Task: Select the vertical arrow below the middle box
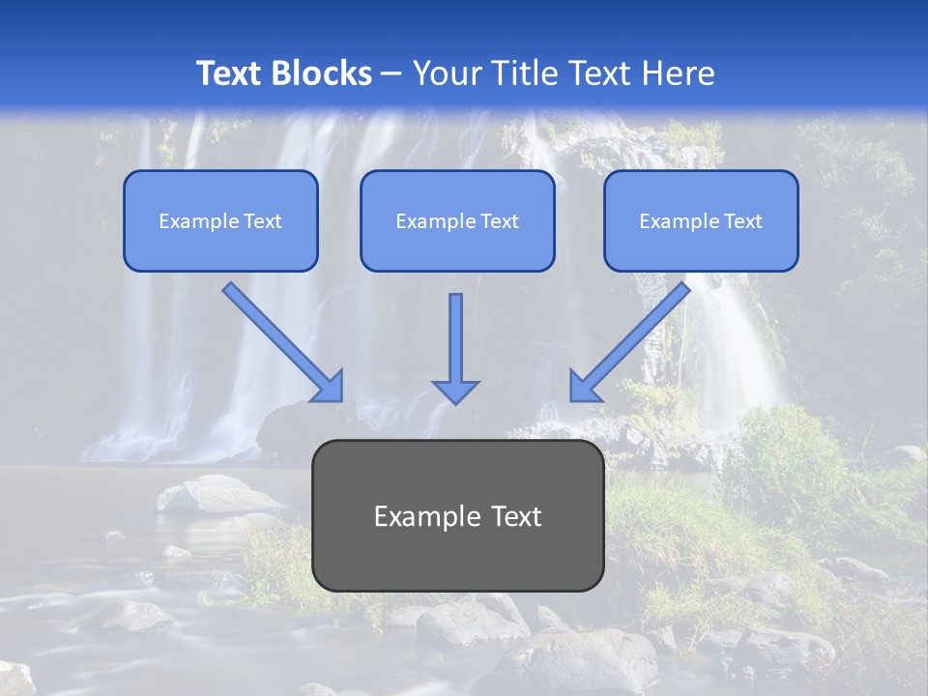point(455,338)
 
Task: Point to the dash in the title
point(391,74)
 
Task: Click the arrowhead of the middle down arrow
point(455,391)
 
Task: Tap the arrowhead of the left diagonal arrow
point(329,387)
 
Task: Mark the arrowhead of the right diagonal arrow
point(584,387)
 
